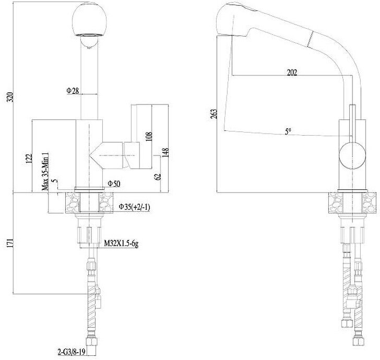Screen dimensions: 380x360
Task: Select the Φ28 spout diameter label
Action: pos(73,91)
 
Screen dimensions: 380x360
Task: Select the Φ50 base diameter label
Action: pos(114,184)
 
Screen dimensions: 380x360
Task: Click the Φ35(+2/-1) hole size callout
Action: pos(135,207)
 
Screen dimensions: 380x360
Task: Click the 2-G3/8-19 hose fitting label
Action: pos(73,351)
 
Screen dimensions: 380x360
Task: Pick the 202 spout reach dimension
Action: pos(292,73)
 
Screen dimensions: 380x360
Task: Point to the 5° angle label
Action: pos(289,132)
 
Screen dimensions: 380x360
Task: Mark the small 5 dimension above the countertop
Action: pos(56,182)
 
